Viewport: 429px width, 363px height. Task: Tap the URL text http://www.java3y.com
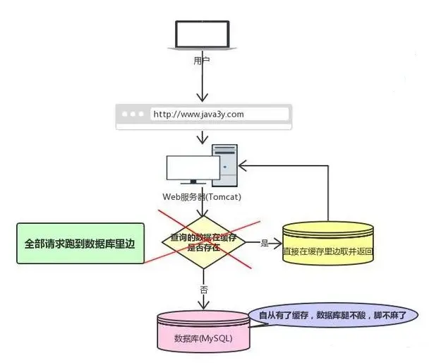(199, 114)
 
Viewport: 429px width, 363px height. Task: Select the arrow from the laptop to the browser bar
(203, 85)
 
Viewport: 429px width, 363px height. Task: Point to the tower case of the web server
(225, 165)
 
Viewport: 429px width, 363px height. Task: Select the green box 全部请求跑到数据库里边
(79, 243)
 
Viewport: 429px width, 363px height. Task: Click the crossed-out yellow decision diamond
(203, 242)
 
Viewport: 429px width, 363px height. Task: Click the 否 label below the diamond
(203, 289)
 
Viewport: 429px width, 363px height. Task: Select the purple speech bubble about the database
(332, 315)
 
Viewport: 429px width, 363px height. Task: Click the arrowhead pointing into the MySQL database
(203, 306)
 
